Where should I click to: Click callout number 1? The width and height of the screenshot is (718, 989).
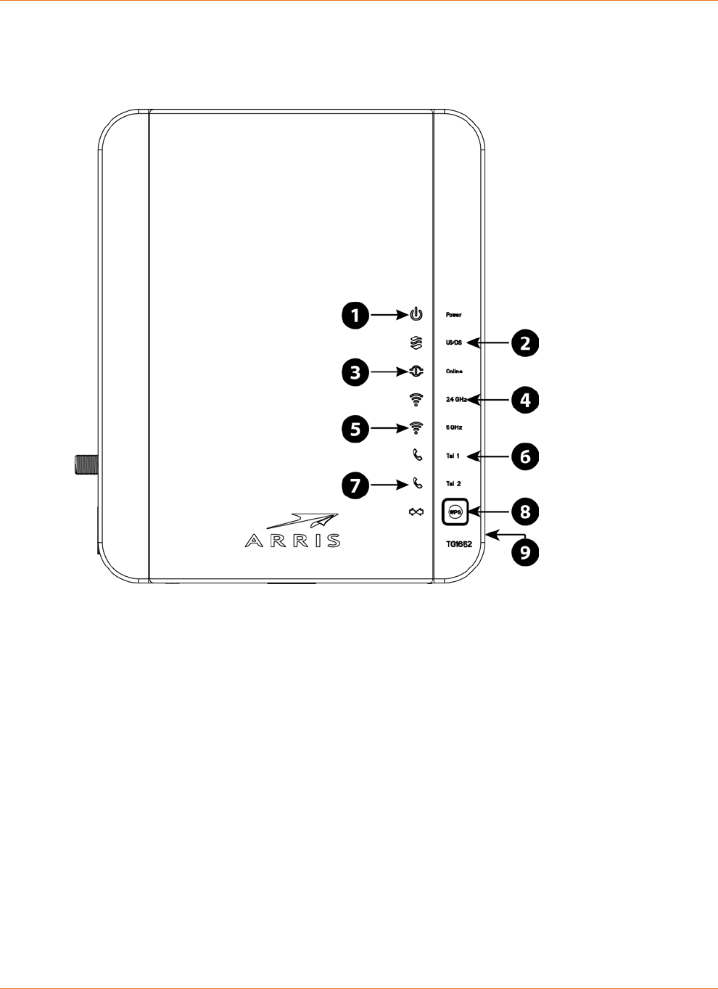coord(355,316)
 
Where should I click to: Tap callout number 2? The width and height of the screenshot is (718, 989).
coord(526,343)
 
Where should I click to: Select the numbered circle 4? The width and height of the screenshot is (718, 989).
coord(526,400)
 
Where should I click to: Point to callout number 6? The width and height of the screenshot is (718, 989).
coord(526,456)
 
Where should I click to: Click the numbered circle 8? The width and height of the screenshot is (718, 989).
coord(526,512)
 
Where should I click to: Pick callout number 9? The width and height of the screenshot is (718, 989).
coord(526,553)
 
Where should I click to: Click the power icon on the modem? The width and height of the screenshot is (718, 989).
coord(416,315)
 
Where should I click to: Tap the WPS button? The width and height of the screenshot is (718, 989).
coord(455,512)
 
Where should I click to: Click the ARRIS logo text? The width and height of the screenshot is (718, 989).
coord(292,541)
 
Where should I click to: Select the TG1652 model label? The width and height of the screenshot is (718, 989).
coord(458,543)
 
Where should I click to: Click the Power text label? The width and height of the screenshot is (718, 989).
coord(453,315)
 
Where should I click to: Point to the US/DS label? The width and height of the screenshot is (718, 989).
coord(453,342)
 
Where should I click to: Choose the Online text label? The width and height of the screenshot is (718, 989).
coord(454,372)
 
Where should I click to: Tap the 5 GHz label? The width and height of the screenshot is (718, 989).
coord(454,427)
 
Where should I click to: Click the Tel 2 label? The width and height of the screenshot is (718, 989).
coord(453,483)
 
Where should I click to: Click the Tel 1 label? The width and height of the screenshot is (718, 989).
coord(453,456)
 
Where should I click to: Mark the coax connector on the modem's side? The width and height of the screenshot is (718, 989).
coord(86,464)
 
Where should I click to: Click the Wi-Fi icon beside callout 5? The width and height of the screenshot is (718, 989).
coord(416,428)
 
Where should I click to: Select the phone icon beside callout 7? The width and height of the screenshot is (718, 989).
coord(417,483)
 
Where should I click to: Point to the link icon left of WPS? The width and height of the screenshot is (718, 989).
coord(416,512)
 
